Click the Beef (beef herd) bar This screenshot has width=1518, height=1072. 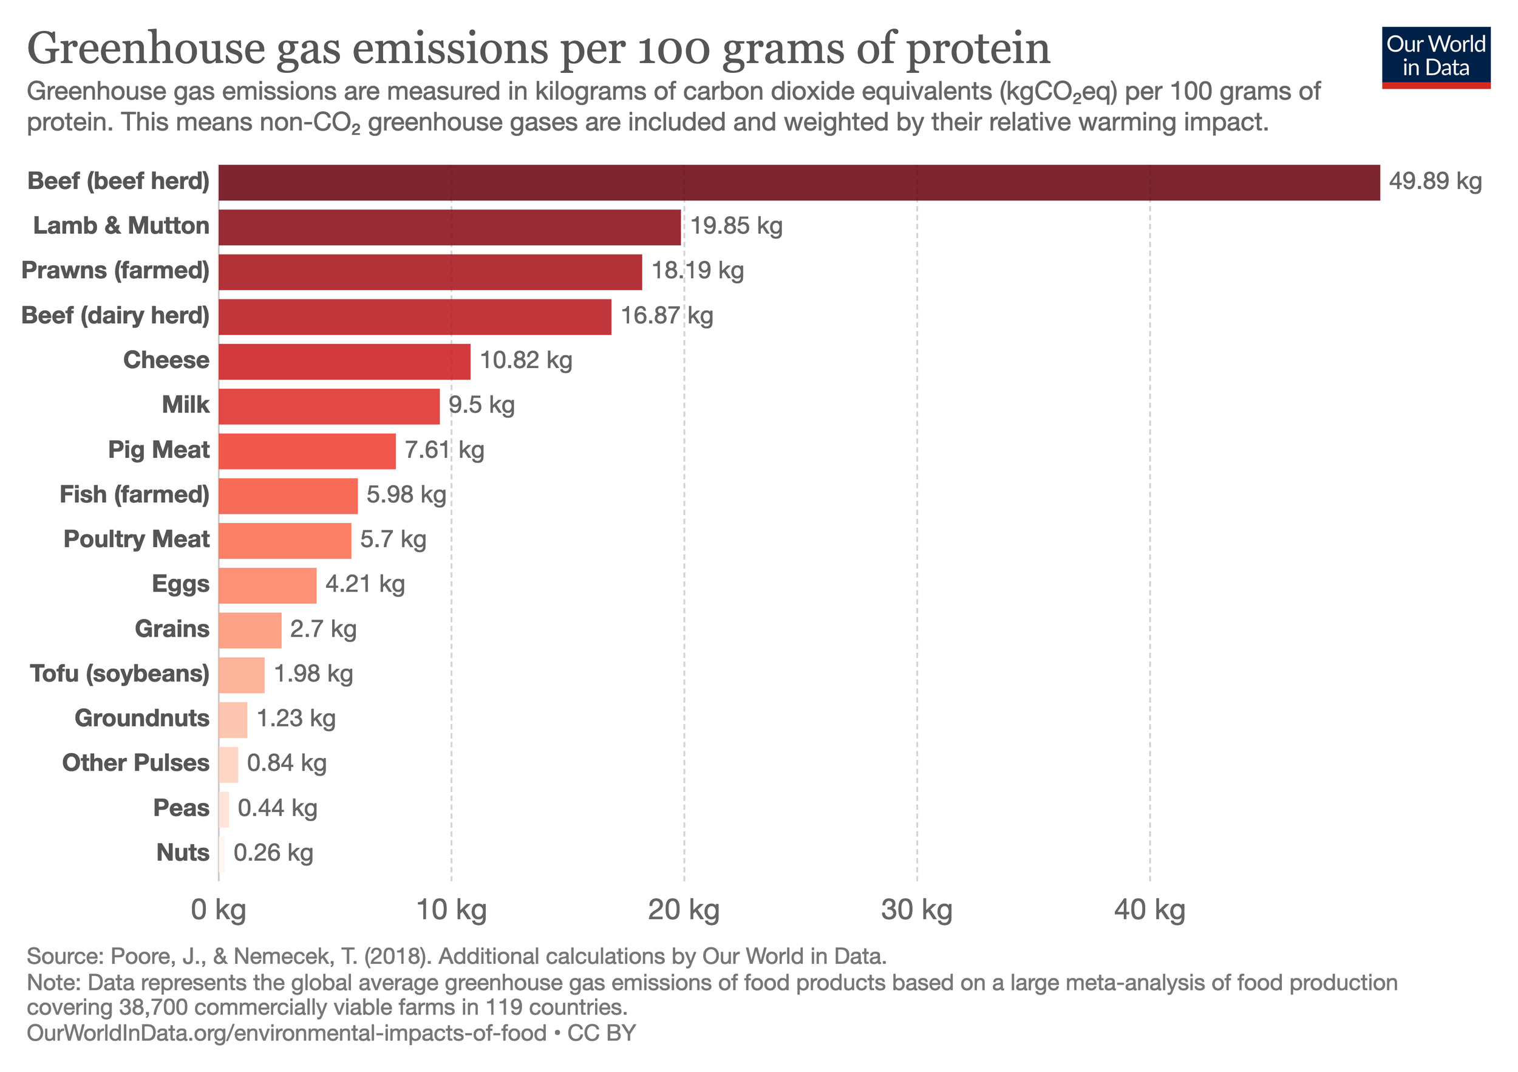pos(798,183)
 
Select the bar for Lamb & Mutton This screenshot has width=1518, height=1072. pos(449,228)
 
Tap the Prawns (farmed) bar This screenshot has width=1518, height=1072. pos(430,272)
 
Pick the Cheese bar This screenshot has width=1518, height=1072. pos(344,362)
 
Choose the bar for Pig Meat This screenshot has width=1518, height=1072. pos(307,451)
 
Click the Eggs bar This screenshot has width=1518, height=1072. pos(267,586)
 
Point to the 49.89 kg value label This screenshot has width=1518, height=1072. pos(1435,181)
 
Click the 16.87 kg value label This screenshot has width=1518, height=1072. pos(667,315)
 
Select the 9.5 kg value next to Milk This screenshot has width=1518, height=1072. pos(482,405)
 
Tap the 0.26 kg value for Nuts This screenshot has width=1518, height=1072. pos(273,853)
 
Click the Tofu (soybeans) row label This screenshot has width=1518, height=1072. pos(120,674)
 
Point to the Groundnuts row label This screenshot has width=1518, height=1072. pos(141,718)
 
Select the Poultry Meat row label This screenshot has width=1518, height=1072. pos(136,539)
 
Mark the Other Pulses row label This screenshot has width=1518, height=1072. pos(135,763)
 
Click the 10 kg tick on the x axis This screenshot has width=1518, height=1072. pos(452,910)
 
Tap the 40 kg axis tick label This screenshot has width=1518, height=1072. pos(1150,910)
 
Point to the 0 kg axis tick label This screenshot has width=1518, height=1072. pos(218,910)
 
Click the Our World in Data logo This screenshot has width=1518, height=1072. pos(1436,57)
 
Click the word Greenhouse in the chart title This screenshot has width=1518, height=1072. pos(146,49)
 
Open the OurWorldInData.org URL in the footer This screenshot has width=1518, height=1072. pos(286,1033)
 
